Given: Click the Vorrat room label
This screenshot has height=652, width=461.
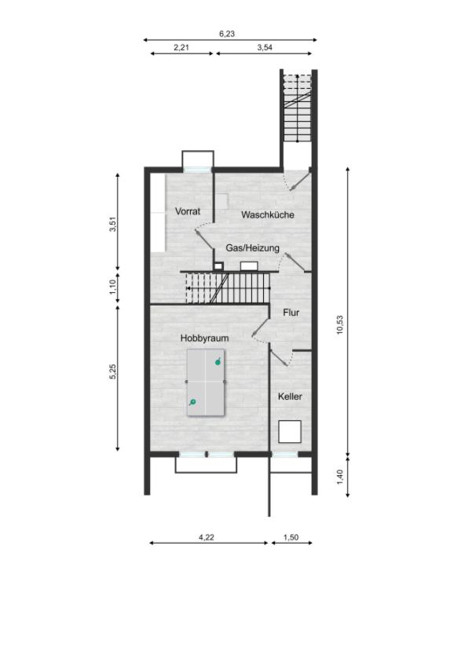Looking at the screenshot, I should tap(188, 211).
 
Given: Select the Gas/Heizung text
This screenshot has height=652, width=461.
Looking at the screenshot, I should tap(252, 248).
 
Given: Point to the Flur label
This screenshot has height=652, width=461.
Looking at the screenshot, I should tap(291, 313).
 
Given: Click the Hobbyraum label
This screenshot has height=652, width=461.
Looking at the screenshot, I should tap(204, 338).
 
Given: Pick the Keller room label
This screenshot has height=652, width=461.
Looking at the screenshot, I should tap(290, 397).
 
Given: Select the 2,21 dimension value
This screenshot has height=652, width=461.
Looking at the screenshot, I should tap(181, 47).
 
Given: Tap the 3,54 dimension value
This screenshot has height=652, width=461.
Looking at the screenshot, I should tap(265, 47).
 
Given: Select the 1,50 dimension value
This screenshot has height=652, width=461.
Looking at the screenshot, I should tap(291, 537).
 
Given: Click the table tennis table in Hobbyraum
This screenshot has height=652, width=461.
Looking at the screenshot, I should tap(205, 383).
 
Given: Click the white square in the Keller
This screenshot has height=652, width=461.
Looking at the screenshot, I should tap(290, 432).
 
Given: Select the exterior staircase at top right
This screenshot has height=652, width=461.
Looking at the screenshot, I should tap(297, 110).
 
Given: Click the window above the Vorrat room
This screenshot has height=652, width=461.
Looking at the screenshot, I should tap(196, 167).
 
